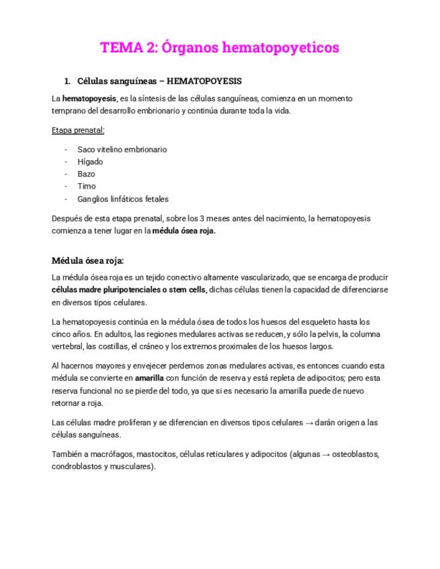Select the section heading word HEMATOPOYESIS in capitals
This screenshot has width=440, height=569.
pos(204,81)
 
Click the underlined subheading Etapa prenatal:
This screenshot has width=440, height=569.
pos(78,130)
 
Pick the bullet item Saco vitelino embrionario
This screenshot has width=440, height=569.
pos(122,150)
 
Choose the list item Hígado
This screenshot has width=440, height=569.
pos(90,162)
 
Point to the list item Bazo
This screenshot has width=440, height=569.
pos(86,174)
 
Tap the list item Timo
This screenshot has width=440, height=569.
pos(87,187)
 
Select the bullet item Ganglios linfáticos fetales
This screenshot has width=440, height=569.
pos(123,199)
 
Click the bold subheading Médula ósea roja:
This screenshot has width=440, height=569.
pos(87,260)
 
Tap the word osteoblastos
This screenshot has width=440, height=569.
pos(355,454)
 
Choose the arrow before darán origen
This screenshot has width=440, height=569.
pos(309,423)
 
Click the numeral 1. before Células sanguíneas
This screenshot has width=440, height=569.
pos(67,81)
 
